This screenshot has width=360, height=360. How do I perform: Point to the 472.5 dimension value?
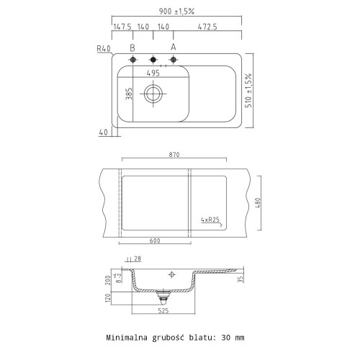click(207, 27)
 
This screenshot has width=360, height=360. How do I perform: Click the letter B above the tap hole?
click(132, 48)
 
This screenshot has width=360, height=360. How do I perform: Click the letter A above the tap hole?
click(173, 48)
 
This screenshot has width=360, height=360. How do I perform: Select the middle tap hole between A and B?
click(153, 60)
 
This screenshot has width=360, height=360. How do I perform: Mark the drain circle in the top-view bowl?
click(153, 93)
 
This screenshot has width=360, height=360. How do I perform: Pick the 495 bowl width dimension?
click(153, 73)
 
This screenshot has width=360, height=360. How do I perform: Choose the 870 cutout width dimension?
click(173, 155)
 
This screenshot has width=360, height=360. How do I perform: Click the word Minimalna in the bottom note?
click(130, 337)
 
